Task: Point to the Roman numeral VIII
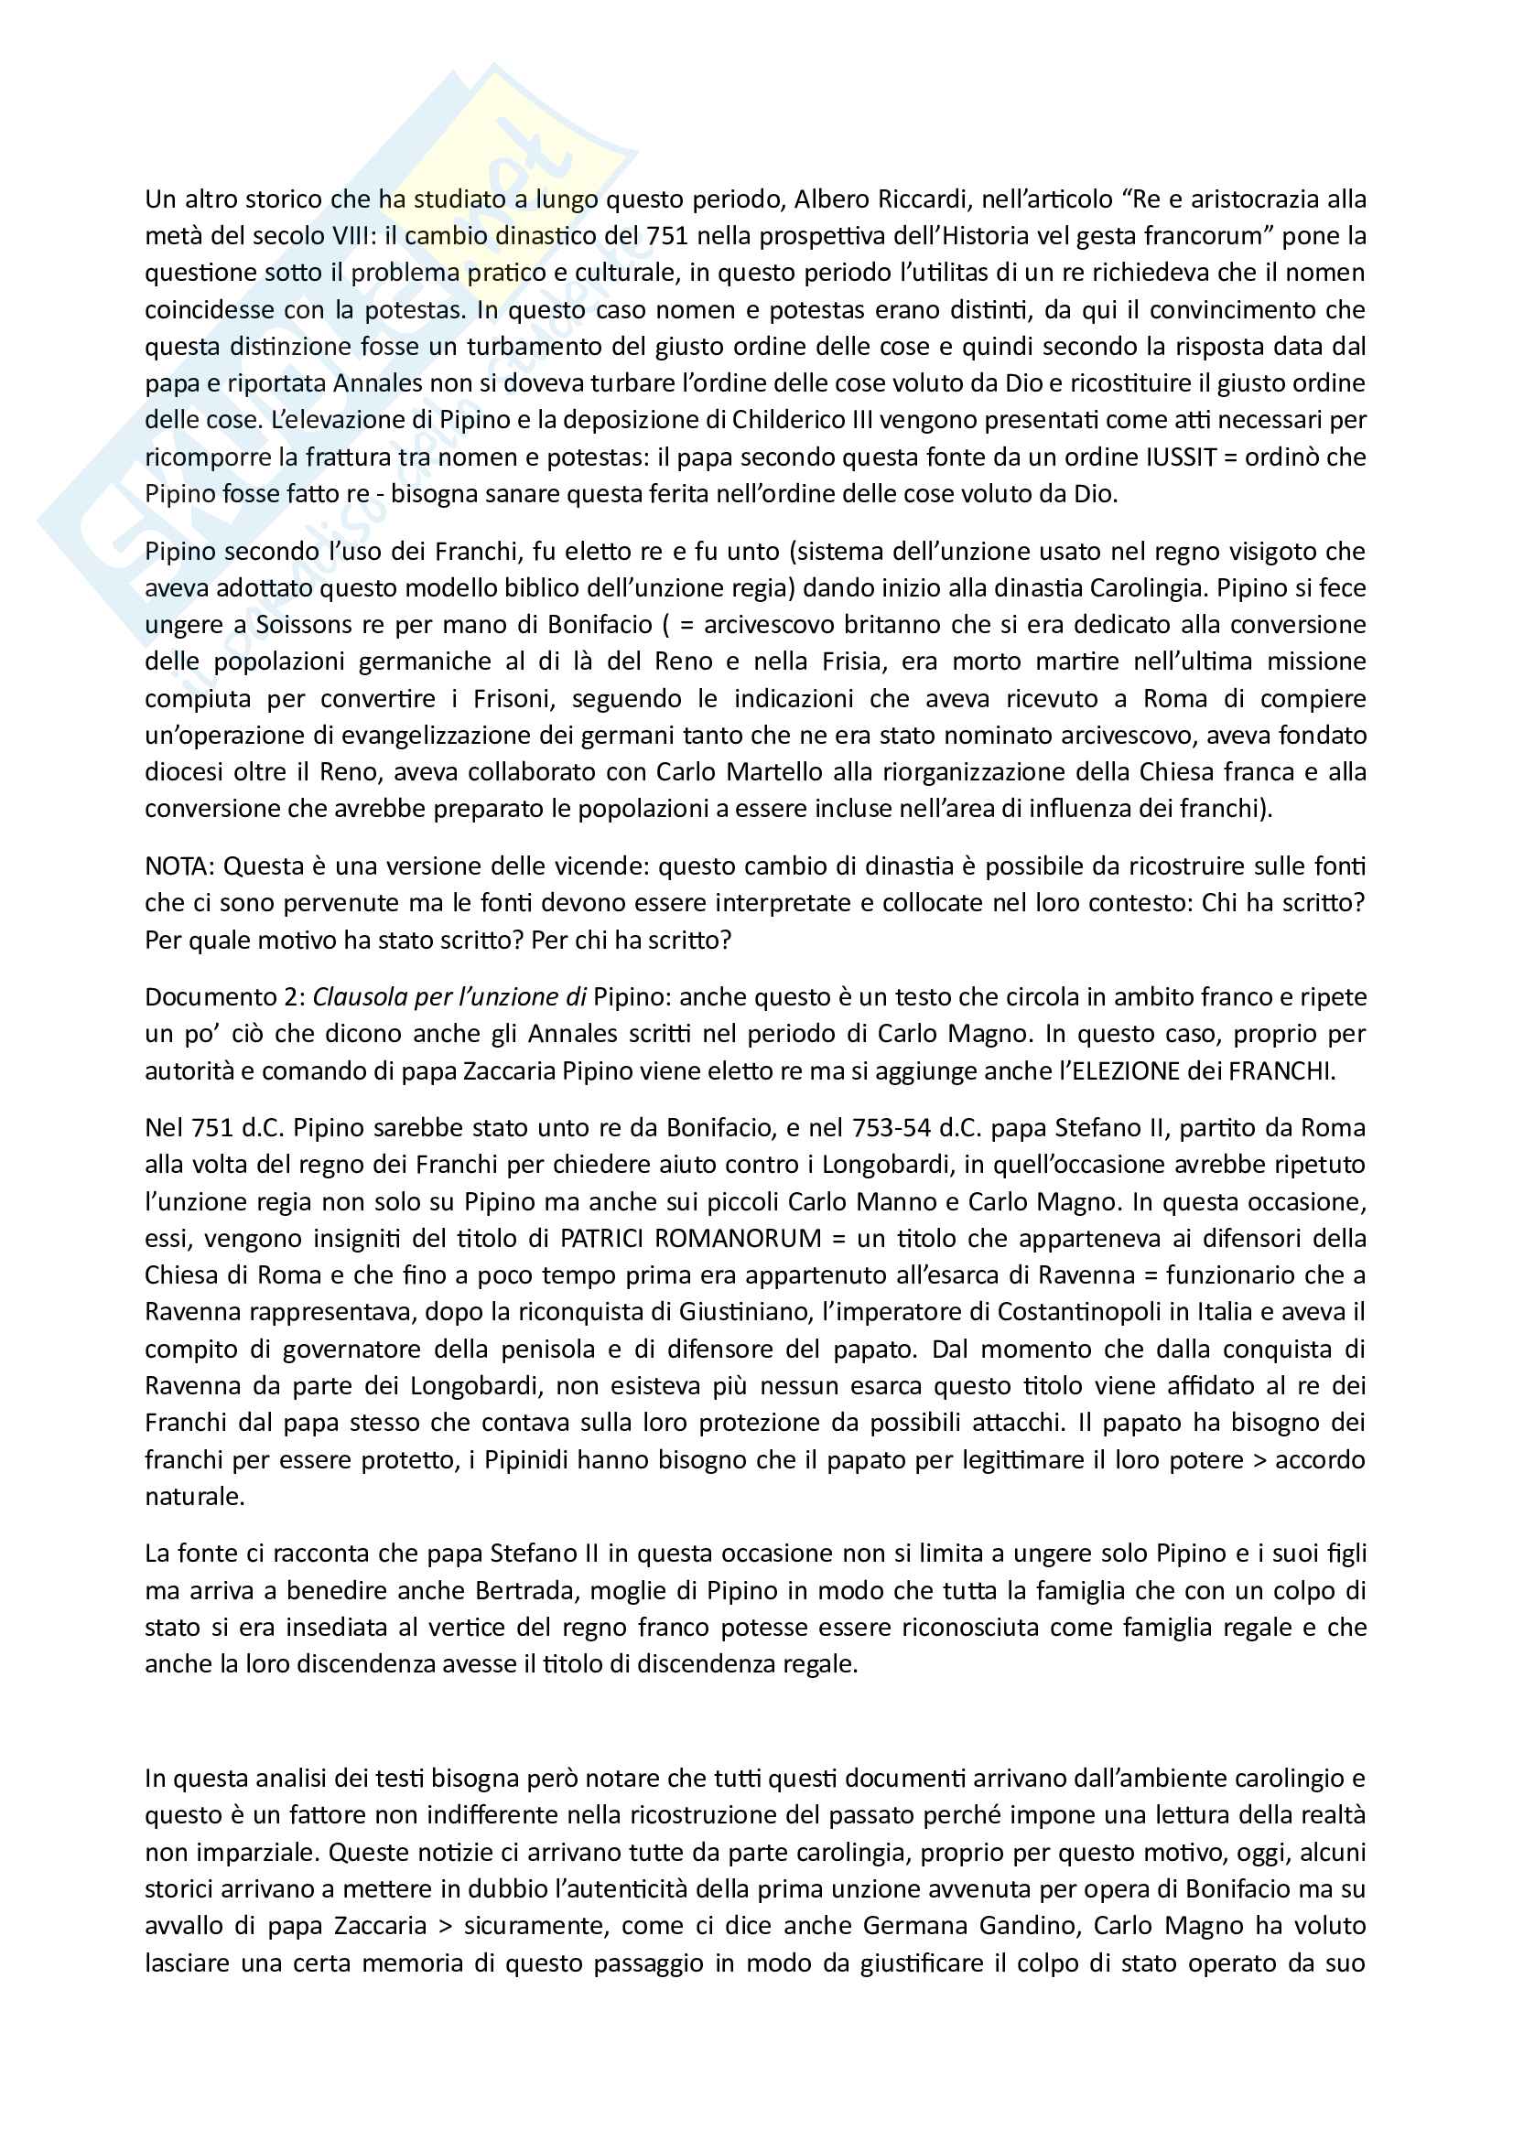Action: point(351,236)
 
